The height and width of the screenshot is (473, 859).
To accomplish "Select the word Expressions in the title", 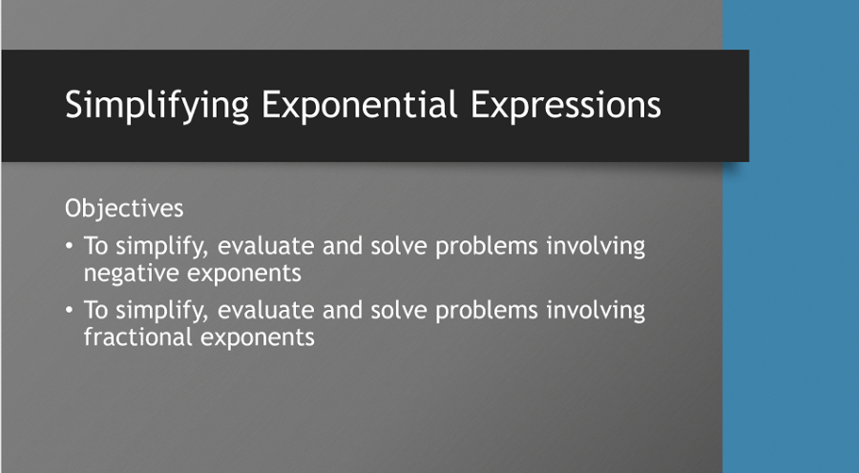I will [565, 105].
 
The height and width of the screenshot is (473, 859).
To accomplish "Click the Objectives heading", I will [124, 207].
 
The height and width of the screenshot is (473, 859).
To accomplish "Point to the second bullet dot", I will [70, 311].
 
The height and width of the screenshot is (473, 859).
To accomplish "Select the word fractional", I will [136, 338].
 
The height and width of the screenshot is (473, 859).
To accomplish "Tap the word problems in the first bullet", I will [486, 246].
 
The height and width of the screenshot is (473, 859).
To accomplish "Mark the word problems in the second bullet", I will [486, 310].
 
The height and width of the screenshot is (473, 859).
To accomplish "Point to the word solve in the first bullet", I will [397, 246].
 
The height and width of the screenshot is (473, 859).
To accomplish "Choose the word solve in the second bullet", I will [397, 310].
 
